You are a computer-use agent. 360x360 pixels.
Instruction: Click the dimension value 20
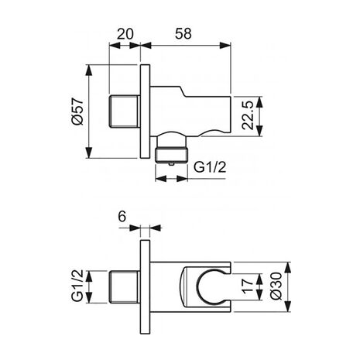[x=125, y=34]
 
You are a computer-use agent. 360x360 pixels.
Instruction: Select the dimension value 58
[x=183, y=34]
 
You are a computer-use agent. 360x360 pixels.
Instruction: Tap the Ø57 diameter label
[x=78, y=111]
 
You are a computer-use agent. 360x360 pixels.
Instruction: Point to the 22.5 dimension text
[x=249, y=115]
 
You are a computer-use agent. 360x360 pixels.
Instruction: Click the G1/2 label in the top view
[x=210, y=167]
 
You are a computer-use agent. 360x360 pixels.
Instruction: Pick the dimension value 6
[x=122, y=216]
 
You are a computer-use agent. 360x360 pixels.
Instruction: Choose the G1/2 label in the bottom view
[x=77, y=286]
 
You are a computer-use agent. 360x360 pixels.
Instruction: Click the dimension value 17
[x=249, y=286]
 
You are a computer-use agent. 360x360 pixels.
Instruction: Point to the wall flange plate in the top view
[x=145, y=111]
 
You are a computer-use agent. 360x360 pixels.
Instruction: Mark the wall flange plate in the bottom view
[x=145, y=287]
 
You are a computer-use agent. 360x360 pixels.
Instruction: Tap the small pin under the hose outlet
[x=171, y=164]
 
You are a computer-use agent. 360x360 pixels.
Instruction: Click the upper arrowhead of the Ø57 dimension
[x=89, y=70]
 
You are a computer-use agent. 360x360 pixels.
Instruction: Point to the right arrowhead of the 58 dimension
[x=225, y=46]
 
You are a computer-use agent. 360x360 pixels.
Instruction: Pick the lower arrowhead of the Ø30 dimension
[x=287, y=306]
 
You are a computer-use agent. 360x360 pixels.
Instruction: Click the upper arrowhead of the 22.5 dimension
[x=259, y=102]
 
